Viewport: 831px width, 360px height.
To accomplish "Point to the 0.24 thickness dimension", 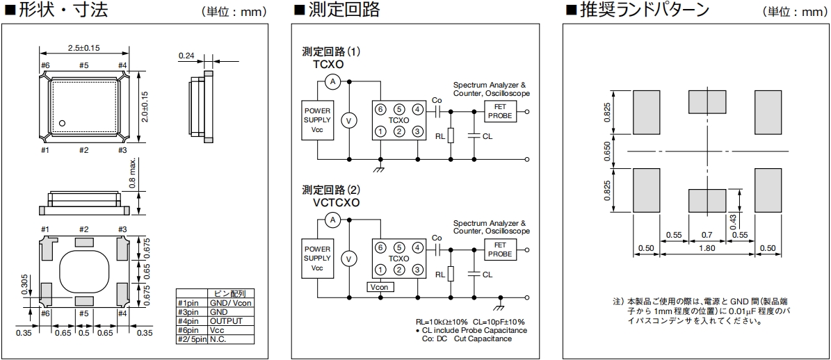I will tap(186, 55).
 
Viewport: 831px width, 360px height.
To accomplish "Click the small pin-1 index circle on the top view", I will tap(62, 123).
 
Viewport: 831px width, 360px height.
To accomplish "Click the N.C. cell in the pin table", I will tap(218, 339).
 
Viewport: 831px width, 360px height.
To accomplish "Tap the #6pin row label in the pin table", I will tap(191, 330).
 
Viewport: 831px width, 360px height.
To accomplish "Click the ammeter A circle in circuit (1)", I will tap(332, 82).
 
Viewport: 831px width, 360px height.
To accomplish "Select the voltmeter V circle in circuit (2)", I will tap(350, 258).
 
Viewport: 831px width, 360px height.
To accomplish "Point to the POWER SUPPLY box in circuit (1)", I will tap(317, 120).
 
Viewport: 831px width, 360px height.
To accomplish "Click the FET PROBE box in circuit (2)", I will tap(500, 249).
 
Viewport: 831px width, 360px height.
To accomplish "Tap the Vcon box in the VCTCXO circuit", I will tap(380, 286).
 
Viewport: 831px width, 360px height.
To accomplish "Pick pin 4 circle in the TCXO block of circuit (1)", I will tap(417, 109).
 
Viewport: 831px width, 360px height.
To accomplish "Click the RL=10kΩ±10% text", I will tap(441, 322).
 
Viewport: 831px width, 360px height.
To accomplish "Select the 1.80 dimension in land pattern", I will tap(707, 249).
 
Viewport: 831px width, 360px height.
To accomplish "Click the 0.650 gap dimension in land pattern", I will tap(607, 150).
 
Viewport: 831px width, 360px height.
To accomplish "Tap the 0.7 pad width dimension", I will tap(707, 235).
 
